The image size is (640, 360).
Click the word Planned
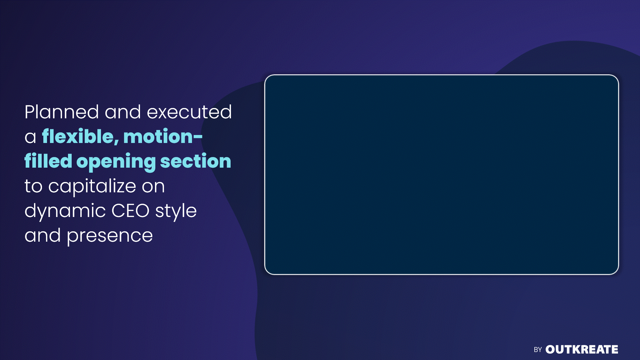(62, 112)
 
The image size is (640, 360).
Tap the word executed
(189, 112)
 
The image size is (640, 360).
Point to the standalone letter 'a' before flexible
(30, 137)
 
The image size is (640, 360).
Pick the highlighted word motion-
(163, 137)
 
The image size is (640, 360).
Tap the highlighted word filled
(48, 161)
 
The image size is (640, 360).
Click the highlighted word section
(196, 161)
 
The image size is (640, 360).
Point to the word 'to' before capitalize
(34, 186)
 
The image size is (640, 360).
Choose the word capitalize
(92, 186)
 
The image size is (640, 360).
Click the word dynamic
(65, 211)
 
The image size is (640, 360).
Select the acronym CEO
(131, 211)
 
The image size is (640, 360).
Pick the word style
(176, 211)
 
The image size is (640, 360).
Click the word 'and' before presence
(43, 235)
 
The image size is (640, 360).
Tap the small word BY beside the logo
(538, 350)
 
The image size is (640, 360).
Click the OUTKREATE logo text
(582, 349)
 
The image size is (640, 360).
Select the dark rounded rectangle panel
(442, 175)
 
